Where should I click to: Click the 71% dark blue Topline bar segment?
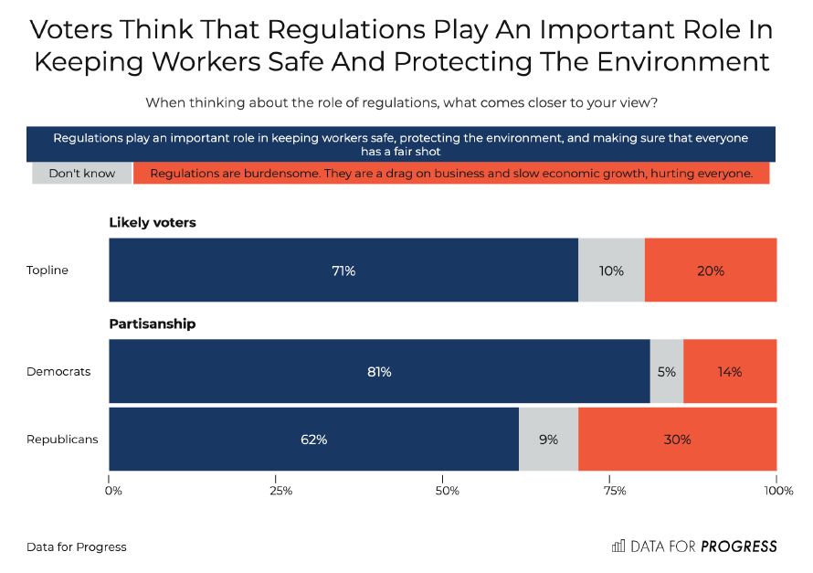coord(343,271)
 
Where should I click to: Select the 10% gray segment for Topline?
coord(611,271)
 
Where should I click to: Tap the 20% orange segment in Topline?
coord(711,271)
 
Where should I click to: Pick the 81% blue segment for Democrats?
coord(379,372)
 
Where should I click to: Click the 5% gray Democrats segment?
coord(667,372)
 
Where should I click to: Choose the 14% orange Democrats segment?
coord(730,372)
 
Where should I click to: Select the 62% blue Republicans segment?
coord(313,440)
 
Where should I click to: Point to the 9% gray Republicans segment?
coord(548,440)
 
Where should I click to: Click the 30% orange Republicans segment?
coord(677,440)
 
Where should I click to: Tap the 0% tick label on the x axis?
coord(113,492)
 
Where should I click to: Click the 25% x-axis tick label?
coord(280,492)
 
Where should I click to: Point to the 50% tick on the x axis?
coord(448,492)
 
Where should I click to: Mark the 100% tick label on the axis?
coord(778,492)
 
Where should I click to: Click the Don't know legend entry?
coord(80,173)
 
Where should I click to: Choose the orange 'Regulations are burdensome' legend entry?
coord(451,173)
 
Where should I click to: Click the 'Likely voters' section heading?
coord(153,222)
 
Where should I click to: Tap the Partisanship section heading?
coord(153,324)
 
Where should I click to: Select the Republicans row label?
coord(62,440)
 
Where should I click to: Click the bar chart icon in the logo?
coord(618,546)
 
